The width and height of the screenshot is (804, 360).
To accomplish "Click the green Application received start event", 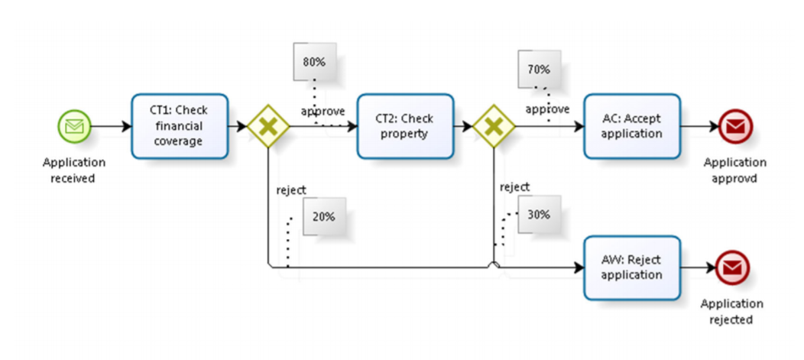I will [74, 126].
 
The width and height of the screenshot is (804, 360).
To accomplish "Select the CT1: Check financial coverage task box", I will [180, 126].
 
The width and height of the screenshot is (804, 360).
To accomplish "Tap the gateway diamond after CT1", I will [267, 126].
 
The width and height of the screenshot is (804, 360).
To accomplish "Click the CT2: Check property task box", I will [405, 126].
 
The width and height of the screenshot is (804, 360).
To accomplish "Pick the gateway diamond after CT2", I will [493, 126].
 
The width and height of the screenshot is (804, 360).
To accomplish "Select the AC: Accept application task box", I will [631, 126].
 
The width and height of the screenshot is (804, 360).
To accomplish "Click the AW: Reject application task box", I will [631, 268].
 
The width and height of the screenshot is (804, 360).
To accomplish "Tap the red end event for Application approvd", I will [734, 126].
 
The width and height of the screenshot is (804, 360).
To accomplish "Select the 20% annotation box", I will [324, 216].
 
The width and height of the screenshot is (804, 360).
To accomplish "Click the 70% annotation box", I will [539, 70].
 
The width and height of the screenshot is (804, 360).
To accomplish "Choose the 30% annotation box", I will [539, 215].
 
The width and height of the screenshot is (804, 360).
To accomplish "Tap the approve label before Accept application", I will [546, 109].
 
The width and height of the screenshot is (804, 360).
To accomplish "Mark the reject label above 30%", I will [514, 186].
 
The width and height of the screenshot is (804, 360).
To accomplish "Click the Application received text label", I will [74, 170].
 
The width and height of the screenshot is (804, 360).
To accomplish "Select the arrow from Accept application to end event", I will [698, 126].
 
